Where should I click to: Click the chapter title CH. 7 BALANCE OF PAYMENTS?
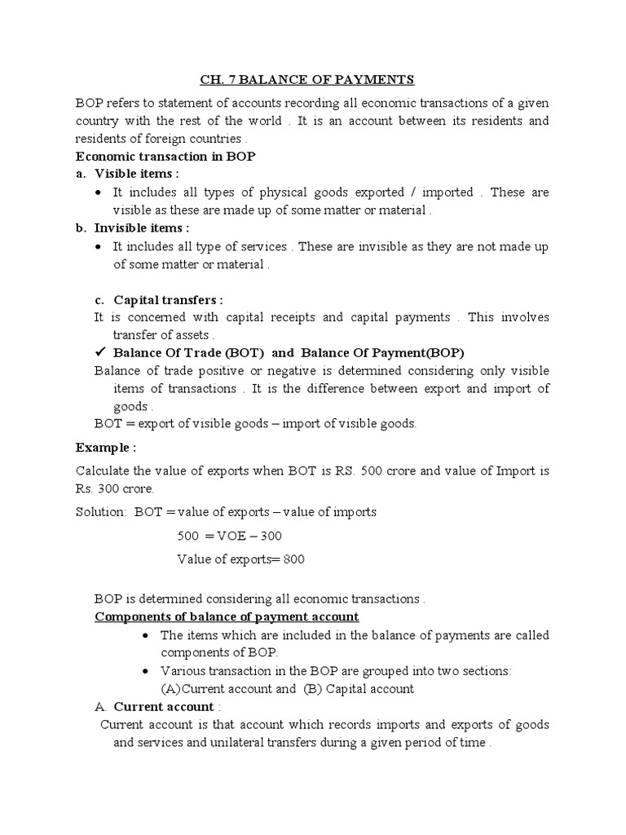308,79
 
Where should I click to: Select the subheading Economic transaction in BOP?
165,157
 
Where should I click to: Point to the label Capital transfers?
168,299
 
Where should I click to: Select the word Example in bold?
104,448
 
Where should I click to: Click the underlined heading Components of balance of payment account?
227,616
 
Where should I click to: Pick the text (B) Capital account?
359,688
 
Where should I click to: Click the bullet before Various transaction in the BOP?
144,671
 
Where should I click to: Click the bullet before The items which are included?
144,635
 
